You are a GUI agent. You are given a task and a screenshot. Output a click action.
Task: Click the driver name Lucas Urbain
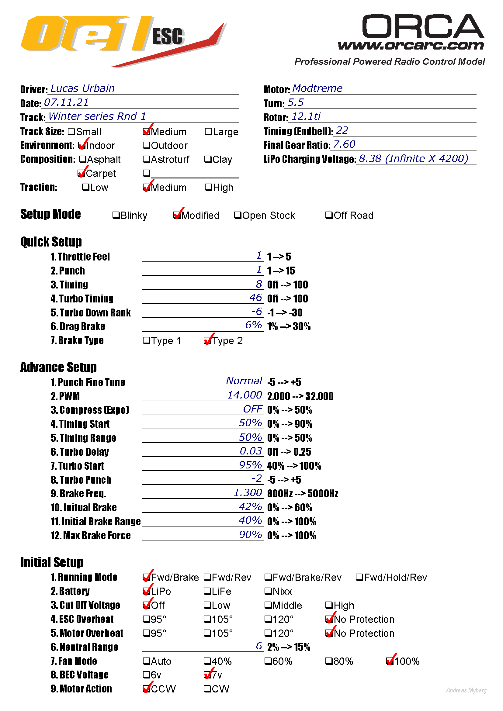tap(82, 88)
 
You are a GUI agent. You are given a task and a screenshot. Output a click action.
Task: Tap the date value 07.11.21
tap(66, 102)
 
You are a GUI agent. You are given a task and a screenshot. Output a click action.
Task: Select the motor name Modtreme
tap(317, 88)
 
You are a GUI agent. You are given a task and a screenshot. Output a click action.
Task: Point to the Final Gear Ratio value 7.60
tap(344, 144)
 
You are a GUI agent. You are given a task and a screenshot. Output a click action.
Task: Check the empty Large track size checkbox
tap(208, 132)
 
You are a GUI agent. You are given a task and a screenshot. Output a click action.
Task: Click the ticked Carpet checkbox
tap(81, 173)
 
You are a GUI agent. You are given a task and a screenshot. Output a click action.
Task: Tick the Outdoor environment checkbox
tap(146, 145)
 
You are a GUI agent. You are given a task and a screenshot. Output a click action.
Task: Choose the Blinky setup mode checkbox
tap(116, 215)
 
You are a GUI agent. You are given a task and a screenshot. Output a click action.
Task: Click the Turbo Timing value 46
tap(255, 298)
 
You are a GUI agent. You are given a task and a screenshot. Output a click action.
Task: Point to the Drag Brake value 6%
tap(253, 325)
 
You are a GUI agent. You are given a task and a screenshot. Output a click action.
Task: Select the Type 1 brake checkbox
tap(146, 341)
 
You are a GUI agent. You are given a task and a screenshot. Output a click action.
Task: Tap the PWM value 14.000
tap(245, 395)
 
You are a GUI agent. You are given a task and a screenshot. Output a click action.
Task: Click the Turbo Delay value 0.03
tap(251, 451)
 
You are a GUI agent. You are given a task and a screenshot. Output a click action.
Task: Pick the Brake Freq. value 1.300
tap(248, 493)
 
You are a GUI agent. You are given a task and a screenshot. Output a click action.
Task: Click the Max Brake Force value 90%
tap(250, 534)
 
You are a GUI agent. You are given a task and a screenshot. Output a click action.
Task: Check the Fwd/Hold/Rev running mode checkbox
tap(359, 577)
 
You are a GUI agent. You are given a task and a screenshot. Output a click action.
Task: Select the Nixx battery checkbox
tap(268, 591)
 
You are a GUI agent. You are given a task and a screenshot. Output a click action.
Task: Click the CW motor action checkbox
tap(207, 689)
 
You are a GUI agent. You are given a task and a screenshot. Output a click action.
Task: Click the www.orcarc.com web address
tap(411, 46)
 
